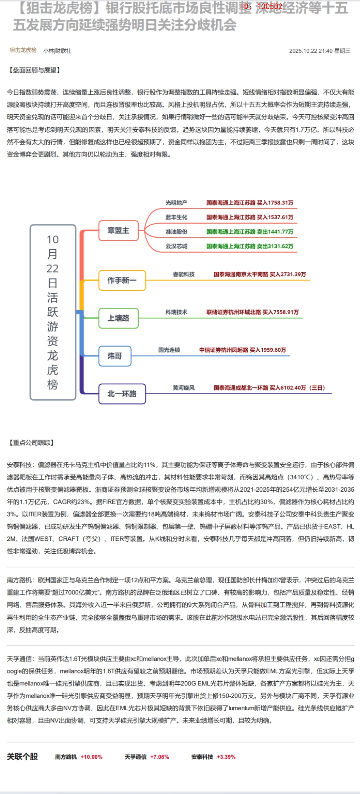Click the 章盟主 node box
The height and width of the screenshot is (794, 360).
[118, 231]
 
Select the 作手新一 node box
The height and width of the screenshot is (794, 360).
[122, 280]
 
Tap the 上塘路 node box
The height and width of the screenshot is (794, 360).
[118, 318]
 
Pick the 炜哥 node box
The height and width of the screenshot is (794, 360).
[115, 356]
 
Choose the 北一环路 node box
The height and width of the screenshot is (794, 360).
[122, 393]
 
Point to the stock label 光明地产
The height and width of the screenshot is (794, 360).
[176, 203]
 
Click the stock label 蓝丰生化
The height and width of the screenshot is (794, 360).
[176, 217]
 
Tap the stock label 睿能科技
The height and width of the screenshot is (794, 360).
[184, 275]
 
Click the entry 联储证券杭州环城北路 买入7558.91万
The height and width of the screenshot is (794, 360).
[252, 312]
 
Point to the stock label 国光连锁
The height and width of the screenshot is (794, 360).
[169, 350]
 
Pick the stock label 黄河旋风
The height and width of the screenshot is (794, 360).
[184, 388]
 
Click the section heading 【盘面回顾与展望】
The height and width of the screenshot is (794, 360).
[35, 70]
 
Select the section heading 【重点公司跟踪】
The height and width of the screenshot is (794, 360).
[31, 443]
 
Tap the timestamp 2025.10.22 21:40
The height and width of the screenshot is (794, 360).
[311, 51]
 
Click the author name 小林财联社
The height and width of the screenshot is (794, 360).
[57, 51]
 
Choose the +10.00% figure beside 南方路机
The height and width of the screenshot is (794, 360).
[92, 757]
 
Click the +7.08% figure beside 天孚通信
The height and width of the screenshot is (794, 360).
[159, 757]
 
